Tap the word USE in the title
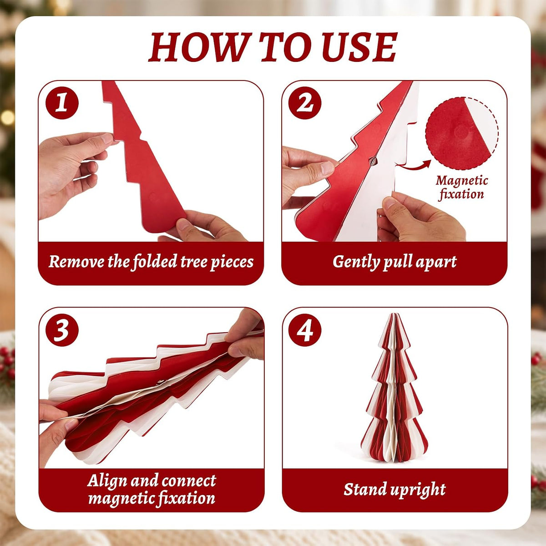[x=359, y=47]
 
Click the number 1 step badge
[x=62, y=102]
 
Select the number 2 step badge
[x=305, y=102]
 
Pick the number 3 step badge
[x=62, y=330]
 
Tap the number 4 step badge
[x=305, y=330]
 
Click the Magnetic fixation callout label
[x=461, y=187]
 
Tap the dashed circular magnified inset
[x=462, y=133]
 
